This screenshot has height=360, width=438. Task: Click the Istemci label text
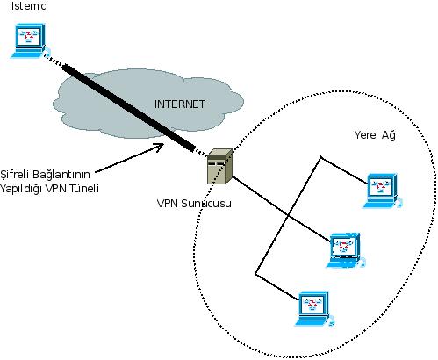coord(29,6)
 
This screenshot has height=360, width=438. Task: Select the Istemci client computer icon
coord(29,40)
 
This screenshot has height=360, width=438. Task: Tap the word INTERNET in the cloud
coord(179,104)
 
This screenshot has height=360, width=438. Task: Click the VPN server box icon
coord(219,167)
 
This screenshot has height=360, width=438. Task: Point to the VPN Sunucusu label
coord(194,203)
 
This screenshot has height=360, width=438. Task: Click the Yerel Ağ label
coord(375,135)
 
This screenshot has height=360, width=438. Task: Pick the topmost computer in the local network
coord(382,191)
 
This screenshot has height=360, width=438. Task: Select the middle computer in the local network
coord(345,250)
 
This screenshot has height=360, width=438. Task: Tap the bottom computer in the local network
coord(314,309)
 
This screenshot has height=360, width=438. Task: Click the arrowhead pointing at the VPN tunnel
coord(160,146)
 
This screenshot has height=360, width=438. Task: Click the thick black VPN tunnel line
coord(129,108)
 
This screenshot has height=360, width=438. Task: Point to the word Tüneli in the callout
coord(84,188)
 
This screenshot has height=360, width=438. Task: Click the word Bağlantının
coord(61,175)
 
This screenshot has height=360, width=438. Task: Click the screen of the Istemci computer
coord(28,36)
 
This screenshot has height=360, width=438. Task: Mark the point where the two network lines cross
coord(289,216)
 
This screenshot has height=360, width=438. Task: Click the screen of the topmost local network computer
coord(381,186)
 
